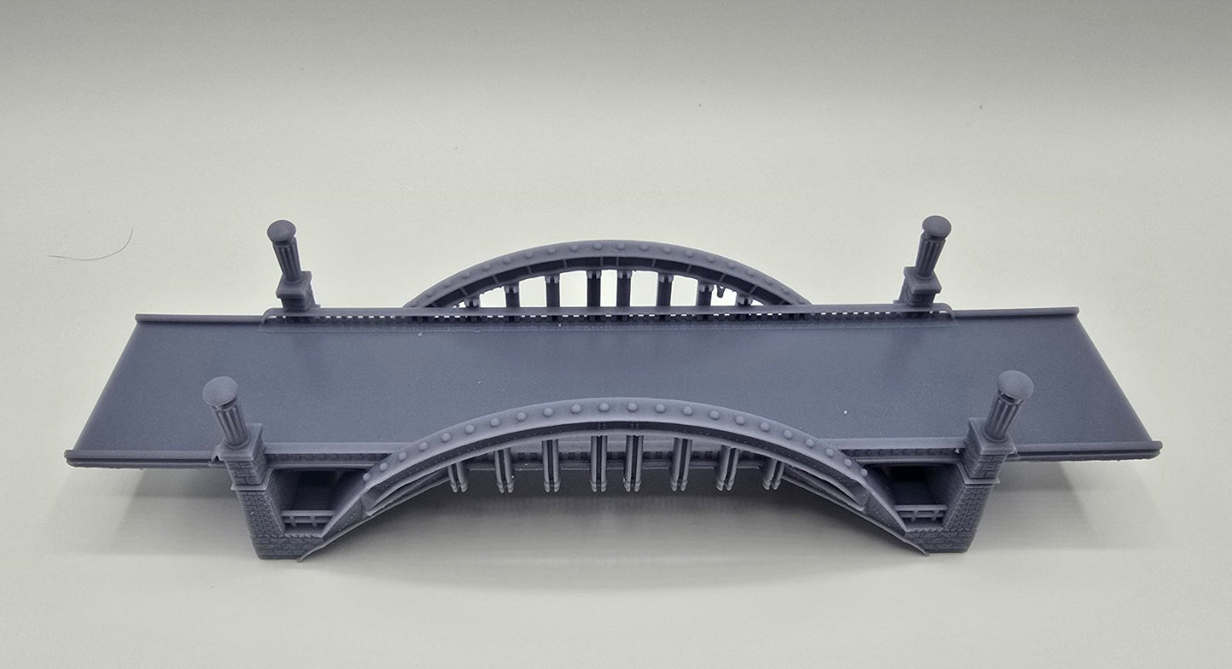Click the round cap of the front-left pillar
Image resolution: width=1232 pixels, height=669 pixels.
click(220, 392)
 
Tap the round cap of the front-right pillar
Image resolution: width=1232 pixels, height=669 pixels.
click(1015, 386)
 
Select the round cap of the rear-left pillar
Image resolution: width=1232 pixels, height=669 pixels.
click(281, 231)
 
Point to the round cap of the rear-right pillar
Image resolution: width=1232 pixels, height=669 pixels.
click(936, 227)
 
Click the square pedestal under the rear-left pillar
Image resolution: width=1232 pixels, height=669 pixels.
click(294, 292)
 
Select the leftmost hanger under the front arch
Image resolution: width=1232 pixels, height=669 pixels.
click(458, 477)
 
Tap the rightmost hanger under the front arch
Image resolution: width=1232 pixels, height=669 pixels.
click(772, 474)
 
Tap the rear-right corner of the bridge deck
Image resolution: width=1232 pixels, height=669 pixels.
click(1076, 311)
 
